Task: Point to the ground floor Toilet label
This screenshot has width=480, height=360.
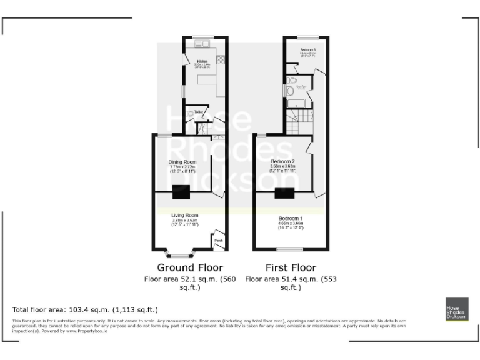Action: [198, 112]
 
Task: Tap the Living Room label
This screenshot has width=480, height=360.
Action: [184, 216]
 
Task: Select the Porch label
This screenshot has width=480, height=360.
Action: [218, 241]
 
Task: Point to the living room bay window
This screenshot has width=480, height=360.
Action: [182, 254]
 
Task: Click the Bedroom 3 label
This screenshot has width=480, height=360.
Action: [307, 49]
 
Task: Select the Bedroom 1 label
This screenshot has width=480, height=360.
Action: [290, 217]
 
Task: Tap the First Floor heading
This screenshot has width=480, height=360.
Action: [291, 268]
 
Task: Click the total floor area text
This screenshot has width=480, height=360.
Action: [85, 309]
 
